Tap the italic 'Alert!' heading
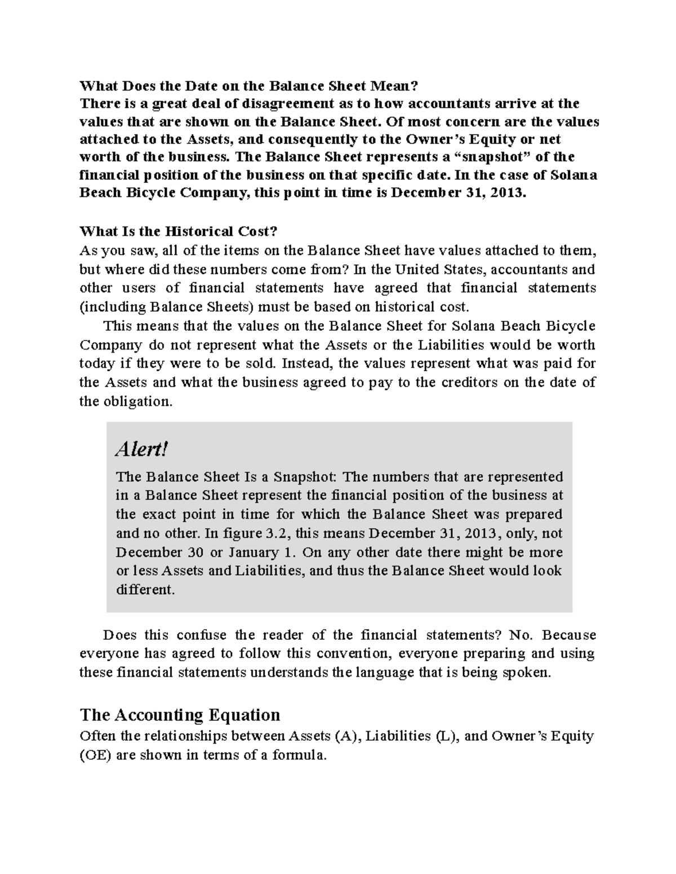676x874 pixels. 141,449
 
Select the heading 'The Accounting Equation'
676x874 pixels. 180,715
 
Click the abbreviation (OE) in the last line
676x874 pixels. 96,755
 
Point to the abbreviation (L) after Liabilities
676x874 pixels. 447,736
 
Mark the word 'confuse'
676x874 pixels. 201,635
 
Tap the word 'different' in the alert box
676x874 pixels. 145,590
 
